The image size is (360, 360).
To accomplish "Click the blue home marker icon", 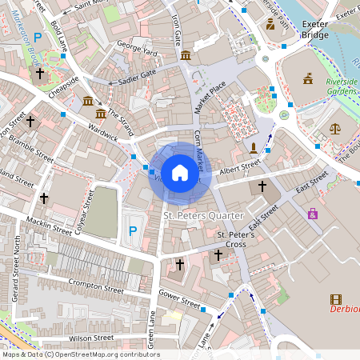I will pyautogui.click(x=180, y=172).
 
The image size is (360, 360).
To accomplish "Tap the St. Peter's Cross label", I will pyautogui.click(x=237, y=239).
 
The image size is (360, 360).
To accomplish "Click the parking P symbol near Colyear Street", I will pyautogui.click(x=133, y=232).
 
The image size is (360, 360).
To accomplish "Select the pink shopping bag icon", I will pyautogui.click(x=312, y=214).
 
